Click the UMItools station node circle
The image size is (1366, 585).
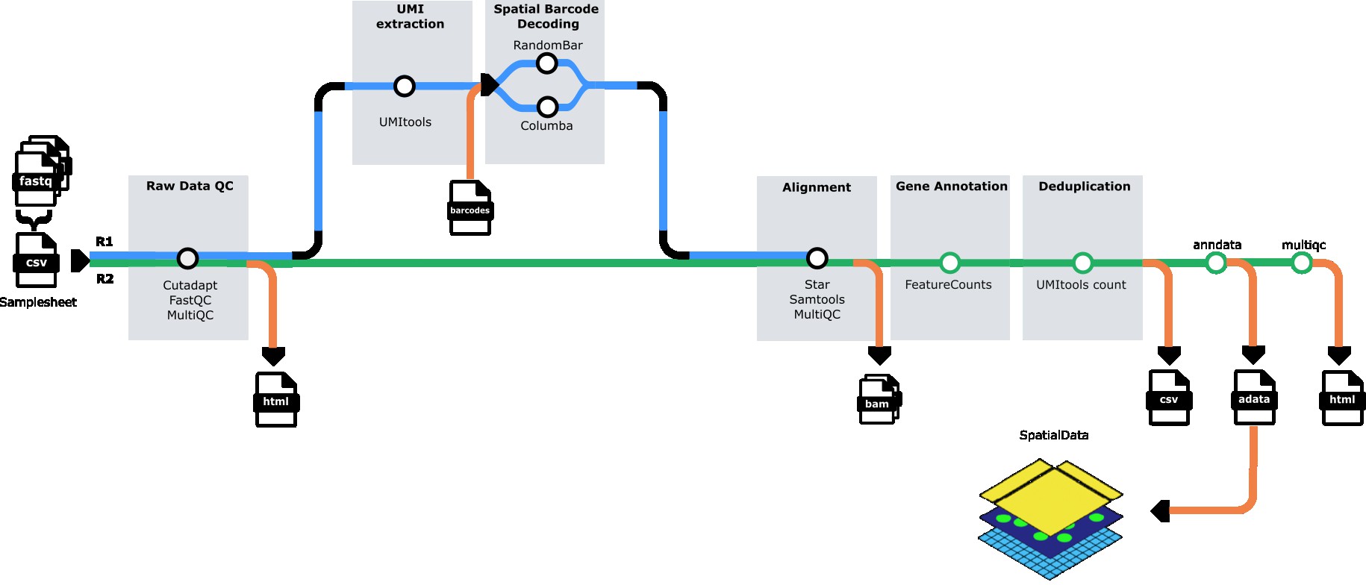coord(404,86)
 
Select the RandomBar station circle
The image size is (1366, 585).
coord(547,63)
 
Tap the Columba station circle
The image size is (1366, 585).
coord(547,107)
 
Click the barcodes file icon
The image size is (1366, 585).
coord(470,208)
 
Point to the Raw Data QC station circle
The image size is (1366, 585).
coord(187,258)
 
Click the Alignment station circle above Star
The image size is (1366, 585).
coord(817,258)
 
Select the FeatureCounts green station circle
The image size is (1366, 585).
coord(949,263)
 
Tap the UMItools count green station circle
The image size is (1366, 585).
coord(1082,263)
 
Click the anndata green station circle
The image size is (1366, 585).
coord(1216,263)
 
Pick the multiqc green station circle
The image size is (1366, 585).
coord(1302,263)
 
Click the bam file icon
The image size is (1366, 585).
coord(879,400)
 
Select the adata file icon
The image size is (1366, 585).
coord(1254,398)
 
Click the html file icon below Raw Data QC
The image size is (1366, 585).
coord(276,400)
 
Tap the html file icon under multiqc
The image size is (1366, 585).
coord(1342,398)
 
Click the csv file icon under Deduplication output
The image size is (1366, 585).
coord(1169,398)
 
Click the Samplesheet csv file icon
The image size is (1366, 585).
coord(36,260)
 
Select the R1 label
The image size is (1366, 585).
coord(105,242)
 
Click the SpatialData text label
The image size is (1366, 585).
coord(1053,435)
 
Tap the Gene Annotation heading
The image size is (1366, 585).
coord(951,187)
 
